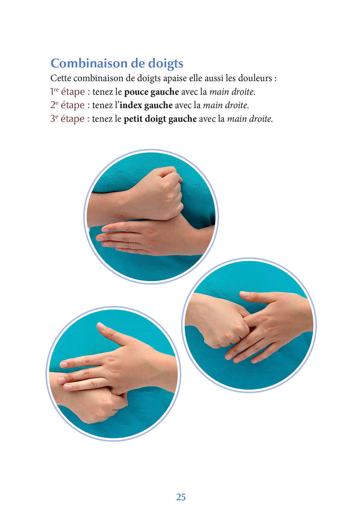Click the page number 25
pyautogui.click(x=181, y=497)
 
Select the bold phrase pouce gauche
pyautogui.click(x=152, y=92)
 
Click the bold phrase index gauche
pyautogui.click(x=146, y=105)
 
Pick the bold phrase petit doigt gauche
pyautogui.click(x=160, y=119)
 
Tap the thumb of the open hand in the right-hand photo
pyautogui.click(x=256, y=297)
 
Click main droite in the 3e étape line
pyautogui.click(x=250, y=119)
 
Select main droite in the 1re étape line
pyautogui.click(x=232, y=92)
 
